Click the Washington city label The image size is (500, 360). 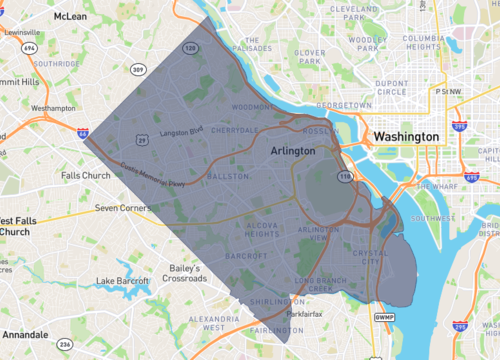pyautogui.click(x=406, y=136)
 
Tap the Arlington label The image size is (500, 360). pyautogui.click(x=293, y=150)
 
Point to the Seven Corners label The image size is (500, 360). pyautogui.click(x=121, y=208)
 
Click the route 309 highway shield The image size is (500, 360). pyautogui.click(x=136, y=69)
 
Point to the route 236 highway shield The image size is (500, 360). pyautogui.click(x=66, y=344)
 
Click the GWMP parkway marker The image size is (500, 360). pyautogui.click(x=385, y=317)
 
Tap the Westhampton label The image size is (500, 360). pyautogui.click(x=53, y=107)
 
